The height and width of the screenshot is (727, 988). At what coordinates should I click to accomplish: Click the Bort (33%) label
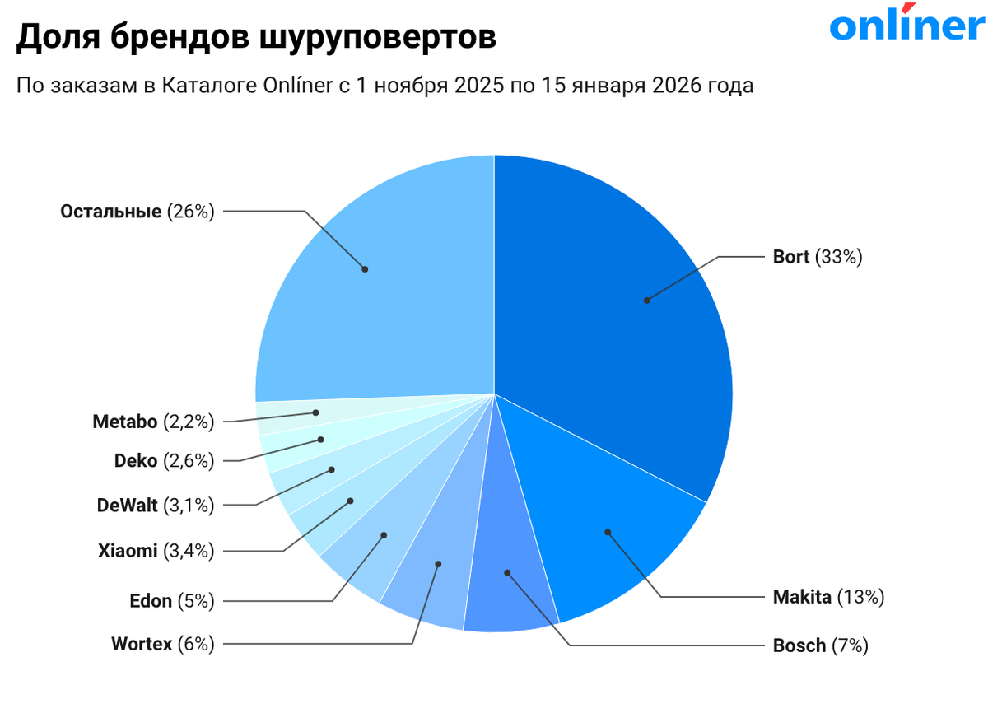817,257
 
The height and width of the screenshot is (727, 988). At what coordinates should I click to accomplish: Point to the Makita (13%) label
828,597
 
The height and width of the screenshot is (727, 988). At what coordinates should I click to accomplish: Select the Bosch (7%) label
820,645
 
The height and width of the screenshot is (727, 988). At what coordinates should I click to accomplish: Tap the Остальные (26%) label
137,212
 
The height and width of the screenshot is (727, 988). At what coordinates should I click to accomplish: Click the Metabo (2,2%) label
153,422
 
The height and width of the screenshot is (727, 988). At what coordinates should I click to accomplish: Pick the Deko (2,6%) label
164,461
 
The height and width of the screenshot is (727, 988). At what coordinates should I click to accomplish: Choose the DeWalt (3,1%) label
156,505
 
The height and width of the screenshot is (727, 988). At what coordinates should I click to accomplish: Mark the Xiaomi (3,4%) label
156,551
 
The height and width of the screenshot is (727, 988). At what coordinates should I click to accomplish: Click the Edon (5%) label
172,601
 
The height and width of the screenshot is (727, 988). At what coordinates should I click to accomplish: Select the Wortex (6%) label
163,644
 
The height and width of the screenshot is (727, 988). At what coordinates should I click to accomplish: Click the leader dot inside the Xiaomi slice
351,501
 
